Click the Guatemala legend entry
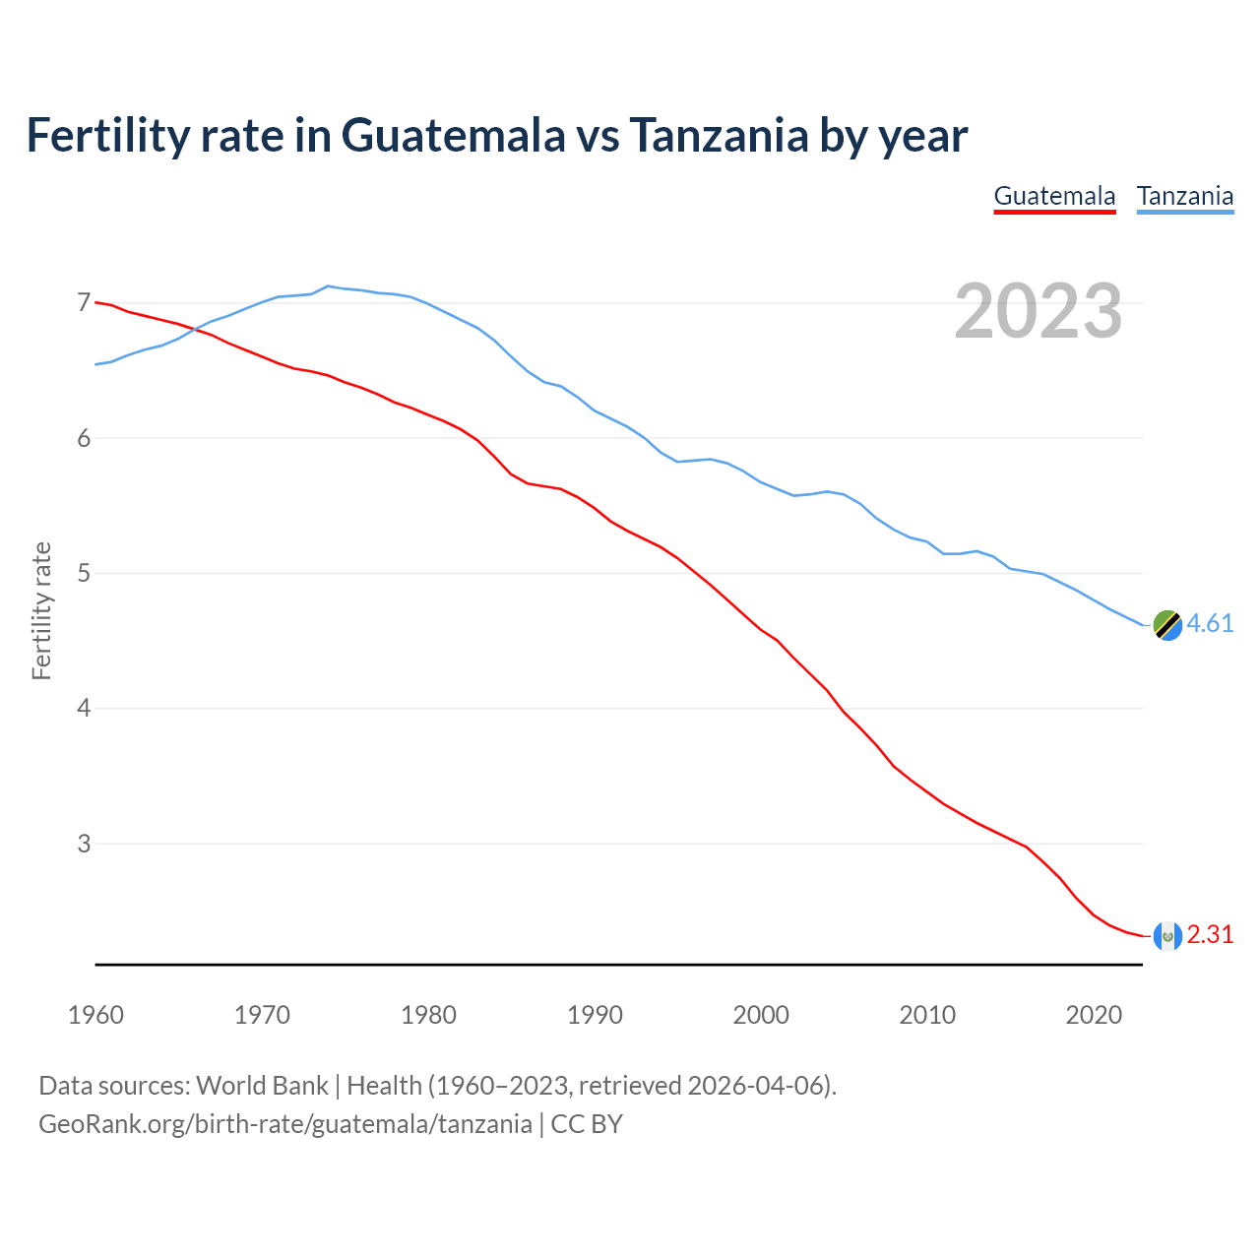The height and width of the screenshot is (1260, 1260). (1054, 196)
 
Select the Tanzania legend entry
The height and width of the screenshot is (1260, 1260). (1185, 196)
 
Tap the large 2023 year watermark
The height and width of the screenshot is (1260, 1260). (1038, 311)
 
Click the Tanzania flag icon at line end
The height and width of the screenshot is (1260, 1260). (1167, 624)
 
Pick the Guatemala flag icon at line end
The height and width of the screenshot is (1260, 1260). (1167, 935)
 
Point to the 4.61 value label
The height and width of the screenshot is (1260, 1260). (1210, 624)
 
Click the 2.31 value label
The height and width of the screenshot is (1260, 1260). (1210, 935)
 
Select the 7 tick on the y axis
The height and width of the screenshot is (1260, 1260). (84, 303)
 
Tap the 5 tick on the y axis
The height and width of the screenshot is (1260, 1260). (84, 573)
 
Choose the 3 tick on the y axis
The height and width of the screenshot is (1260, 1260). (84, 844)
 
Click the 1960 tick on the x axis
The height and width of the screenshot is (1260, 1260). (95, 1015)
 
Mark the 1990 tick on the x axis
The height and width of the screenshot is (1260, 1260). (595, 1015)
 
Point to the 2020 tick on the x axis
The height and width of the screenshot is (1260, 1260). (1094, 1015)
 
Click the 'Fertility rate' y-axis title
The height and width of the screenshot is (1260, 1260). (41, 610)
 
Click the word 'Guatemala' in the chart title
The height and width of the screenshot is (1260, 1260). (454, 136)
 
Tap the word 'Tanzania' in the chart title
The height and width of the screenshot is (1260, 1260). (719, 136)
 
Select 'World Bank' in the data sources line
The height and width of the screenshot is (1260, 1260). (262, 1086)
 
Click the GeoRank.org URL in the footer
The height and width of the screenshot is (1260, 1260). (284, 1124)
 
